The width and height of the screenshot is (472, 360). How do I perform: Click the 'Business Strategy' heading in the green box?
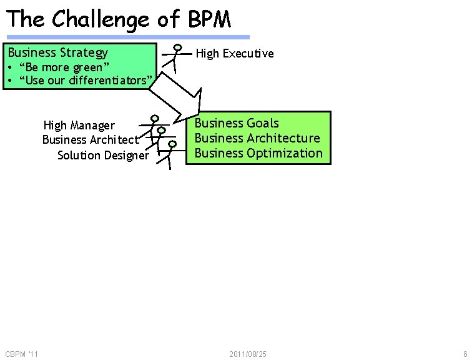(57, 52)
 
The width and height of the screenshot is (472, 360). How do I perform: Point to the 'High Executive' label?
(235, 54)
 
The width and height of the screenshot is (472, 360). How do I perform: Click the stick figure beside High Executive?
(176, 58)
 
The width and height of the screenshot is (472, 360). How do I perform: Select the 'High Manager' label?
(79, 126)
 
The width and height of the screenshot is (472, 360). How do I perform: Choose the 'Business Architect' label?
(91, 139)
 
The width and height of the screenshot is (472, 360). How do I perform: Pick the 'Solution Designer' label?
(103, 155)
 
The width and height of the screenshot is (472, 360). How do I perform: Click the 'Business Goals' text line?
(237, 123)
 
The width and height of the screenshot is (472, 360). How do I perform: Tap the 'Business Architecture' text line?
(257, 138)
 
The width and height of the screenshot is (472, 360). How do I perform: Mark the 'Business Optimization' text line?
(258, 153)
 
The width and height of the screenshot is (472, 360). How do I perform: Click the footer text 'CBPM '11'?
(21, 354)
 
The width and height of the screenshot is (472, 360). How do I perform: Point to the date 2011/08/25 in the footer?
(248, 354)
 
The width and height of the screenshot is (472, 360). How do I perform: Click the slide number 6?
(465, 354)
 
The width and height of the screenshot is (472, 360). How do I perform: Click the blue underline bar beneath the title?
(128, 37)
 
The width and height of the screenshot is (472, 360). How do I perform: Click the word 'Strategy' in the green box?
(84, 52)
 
